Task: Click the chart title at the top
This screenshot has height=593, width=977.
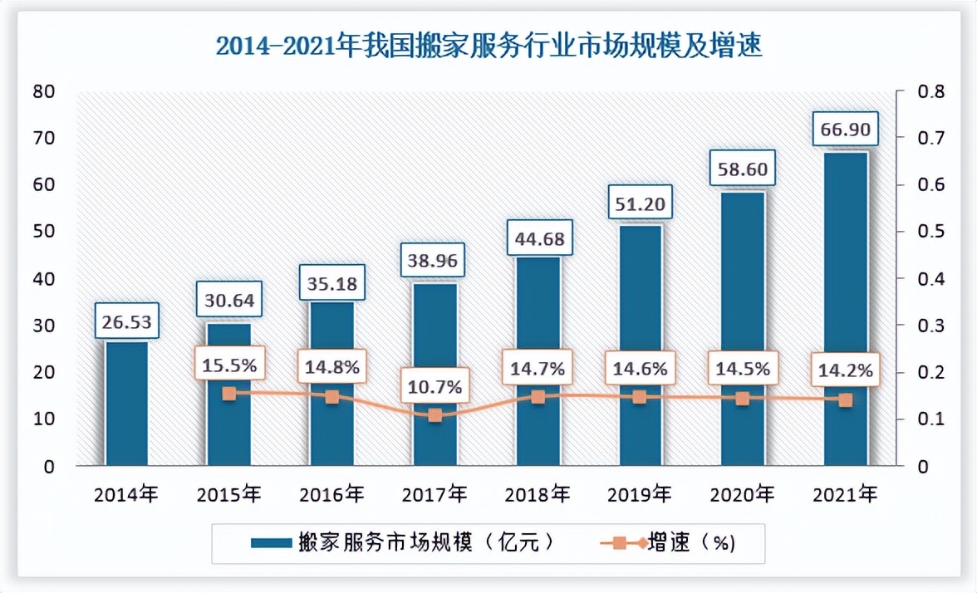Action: point(489,45)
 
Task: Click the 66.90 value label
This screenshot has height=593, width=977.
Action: point(845,130)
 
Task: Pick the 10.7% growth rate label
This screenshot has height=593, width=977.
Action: point(434,387)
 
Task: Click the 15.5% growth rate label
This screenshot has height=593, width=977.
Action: point(228,365)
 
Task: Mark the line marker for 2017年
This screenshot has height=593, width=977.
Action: point(434,415)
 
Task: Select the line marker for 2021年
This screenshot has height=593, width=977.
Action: point(845,400)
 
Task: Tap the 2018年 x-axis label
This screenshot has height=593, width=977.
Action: point(537,495)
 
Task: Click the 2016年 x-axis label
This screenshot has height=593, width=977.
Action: point(331,495)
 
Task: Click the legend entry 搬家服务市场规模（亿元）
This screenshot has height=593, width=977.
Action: point(403,543)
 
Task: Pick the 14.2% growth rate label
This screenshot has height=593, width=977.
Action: point(845,371)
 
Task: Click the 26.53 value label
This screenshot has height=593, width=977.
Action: point(126,320)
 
